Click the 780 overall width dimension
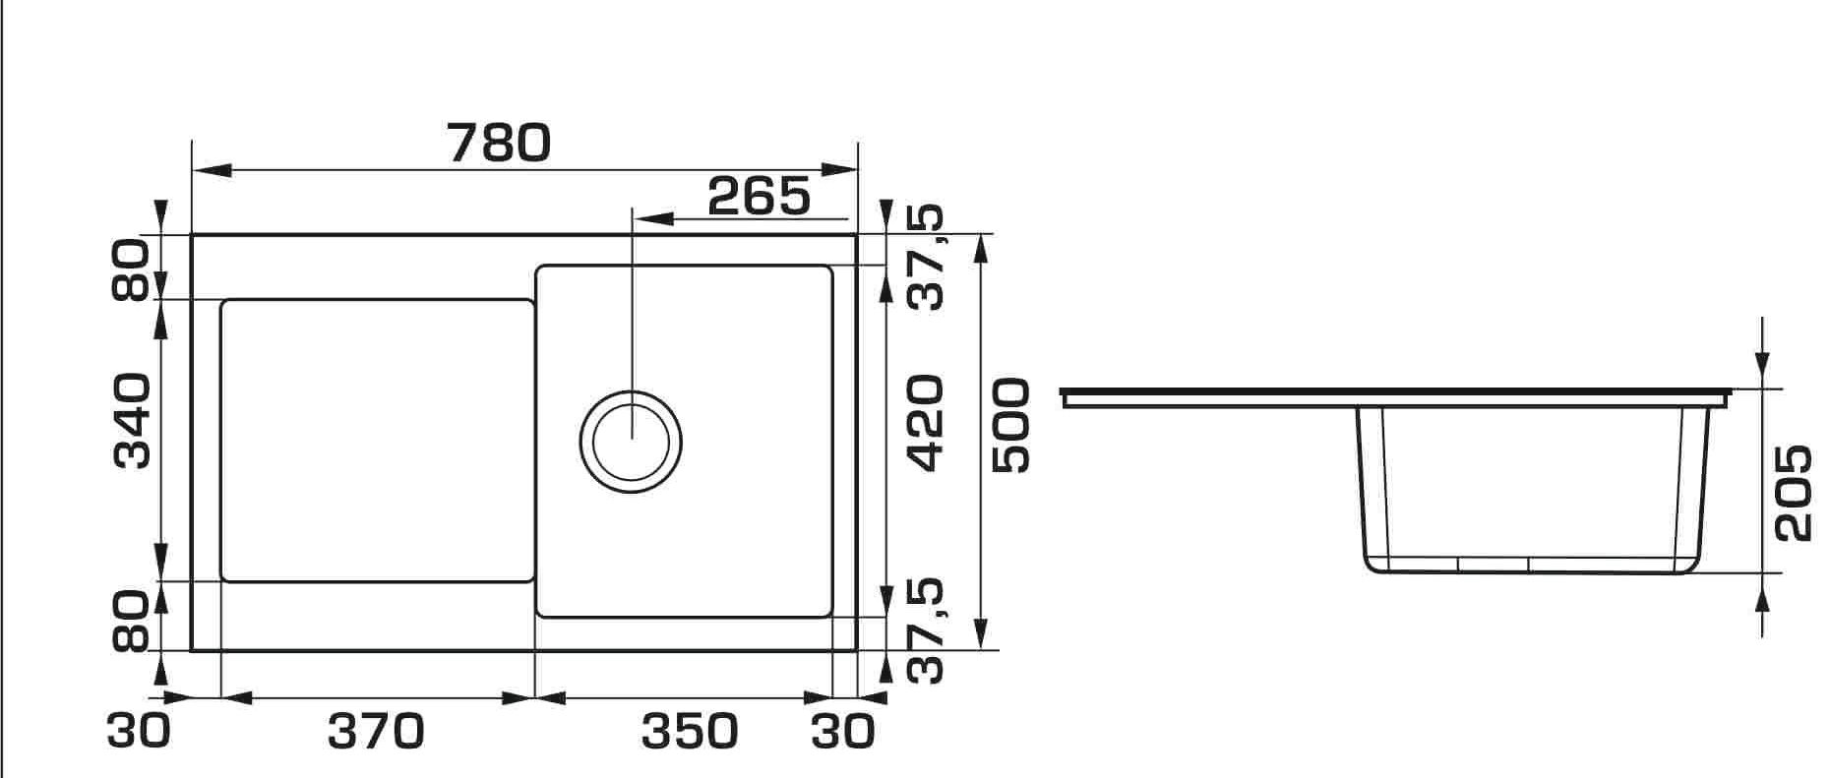[499, 144]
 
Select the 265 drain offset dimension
[759, 197]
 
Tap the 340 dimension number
[132, 420]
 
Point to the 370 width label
[375, 732]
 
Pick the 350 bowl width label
[690, 732]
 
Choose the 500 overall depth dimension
[1010, 425]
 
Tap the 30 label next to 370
[139, 732]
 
